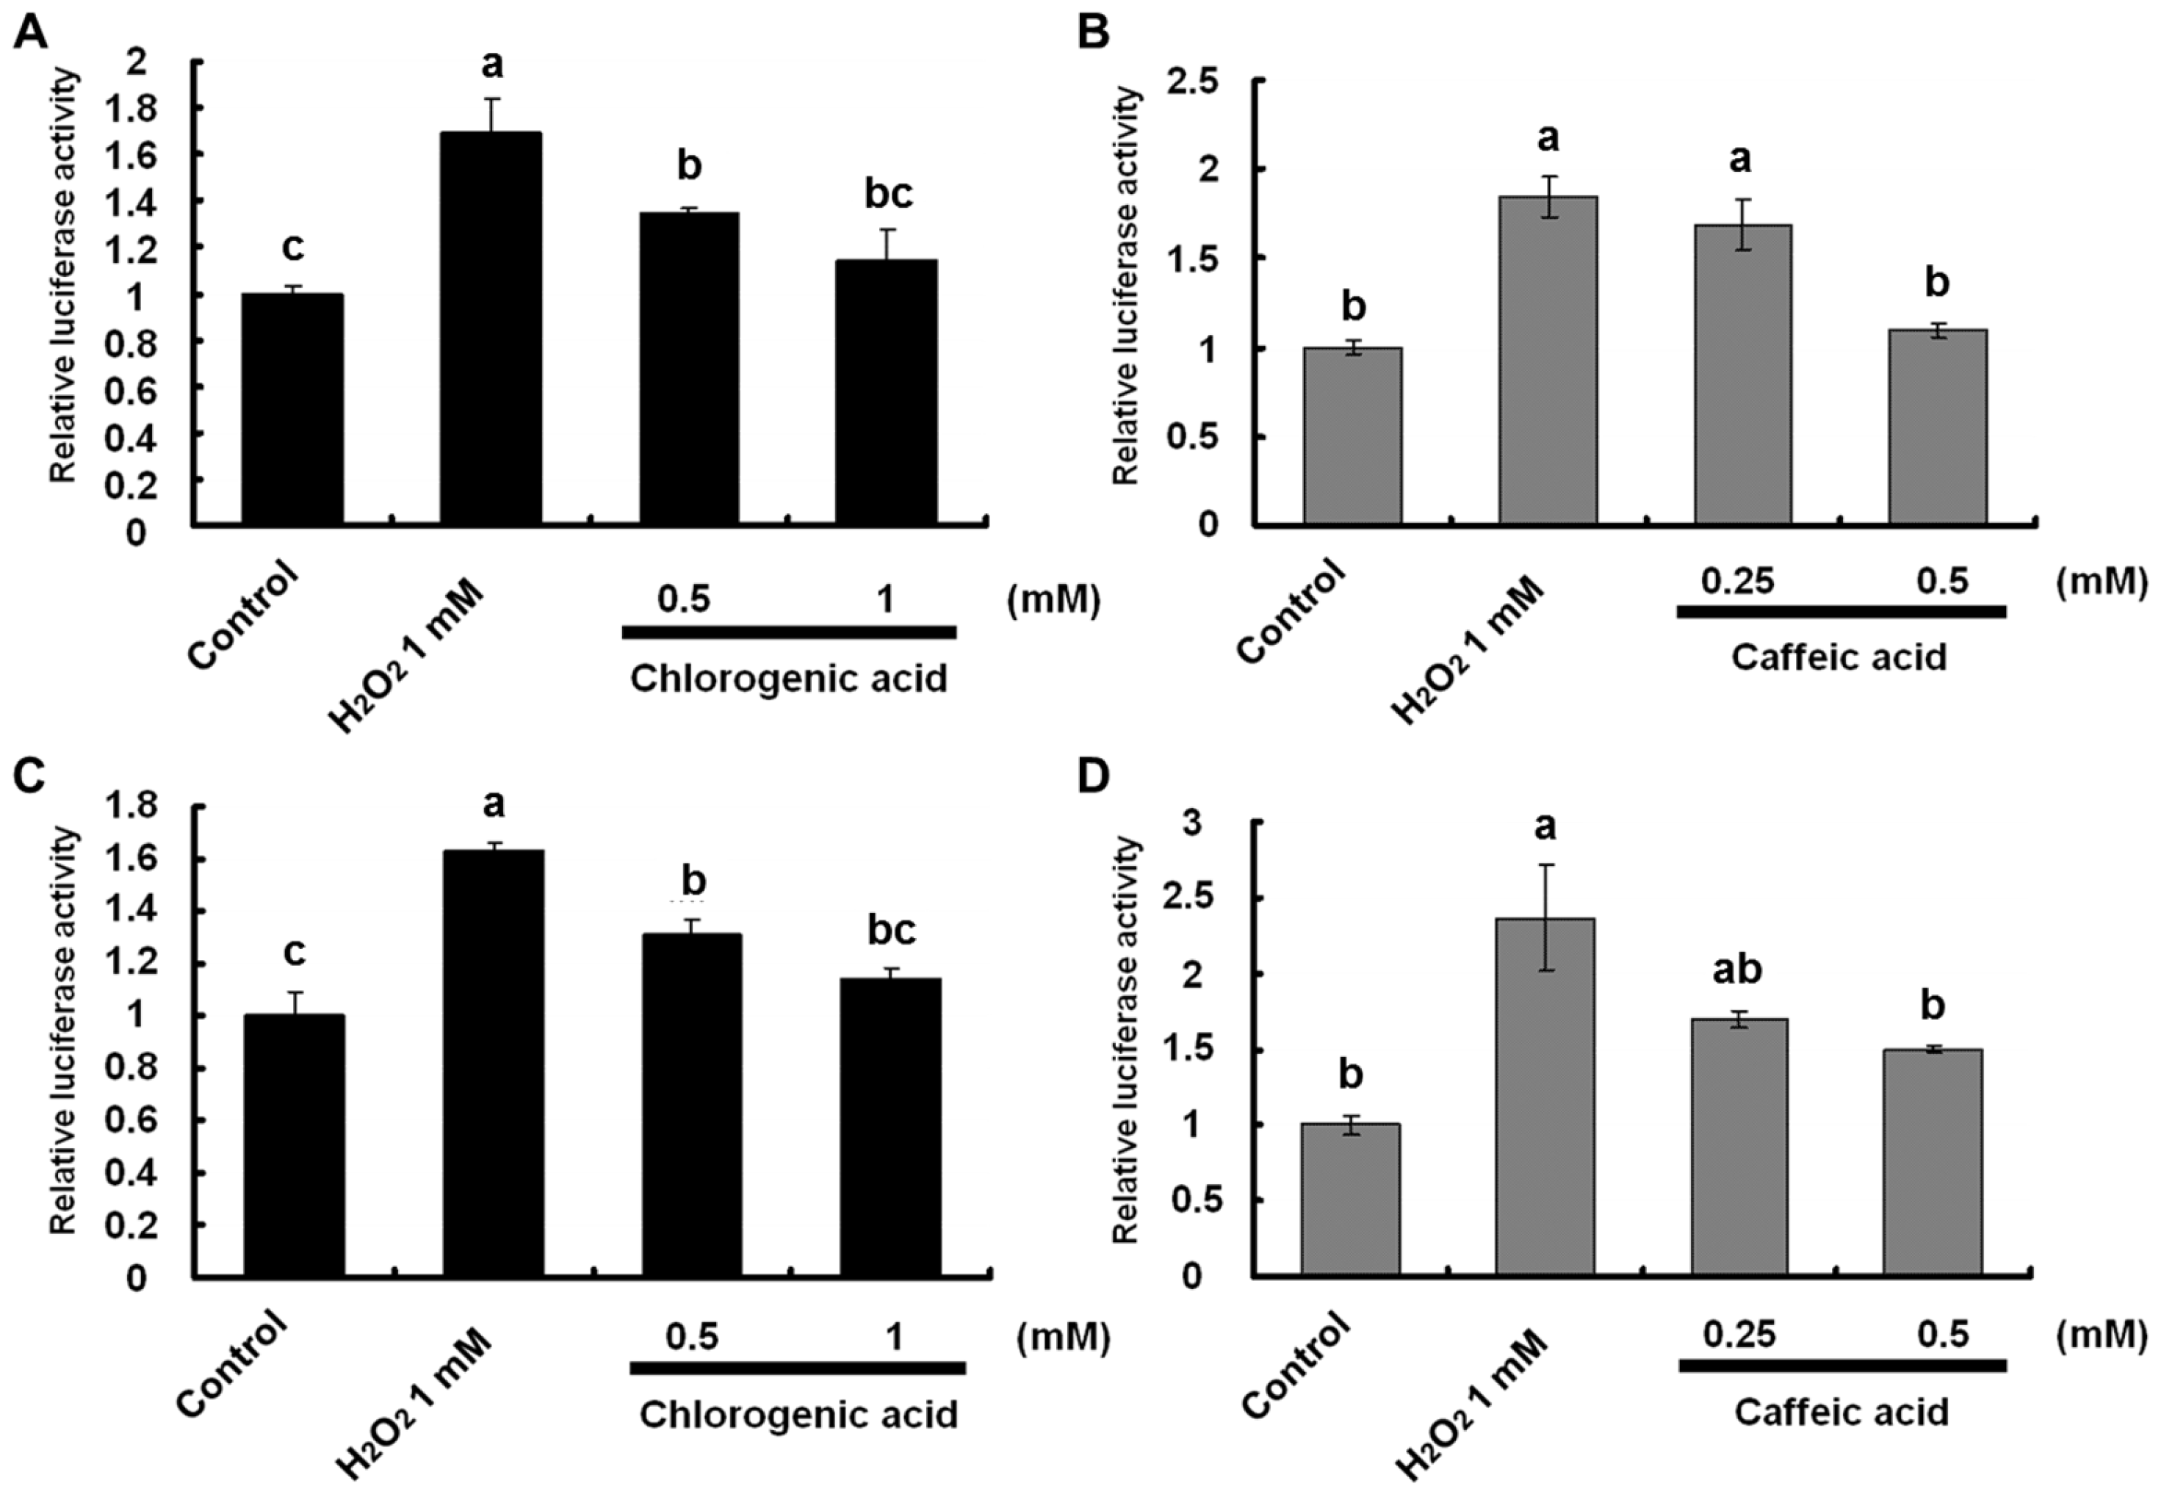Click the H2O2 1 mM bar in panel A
491,328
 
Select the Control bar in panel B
1352,436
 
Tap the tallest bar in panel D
1545,1096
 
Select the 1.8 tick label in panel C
130,807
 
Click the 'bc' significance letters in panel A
887,195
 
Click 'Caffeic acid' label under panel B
1839,657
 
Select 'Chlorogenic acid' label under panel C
798,1415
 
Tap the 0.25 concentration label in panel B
1737,581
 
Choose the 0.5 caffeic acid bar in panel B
1937,426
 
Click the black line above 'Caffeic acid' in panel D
1842,1365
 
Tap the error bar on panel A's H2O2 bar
492,114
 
